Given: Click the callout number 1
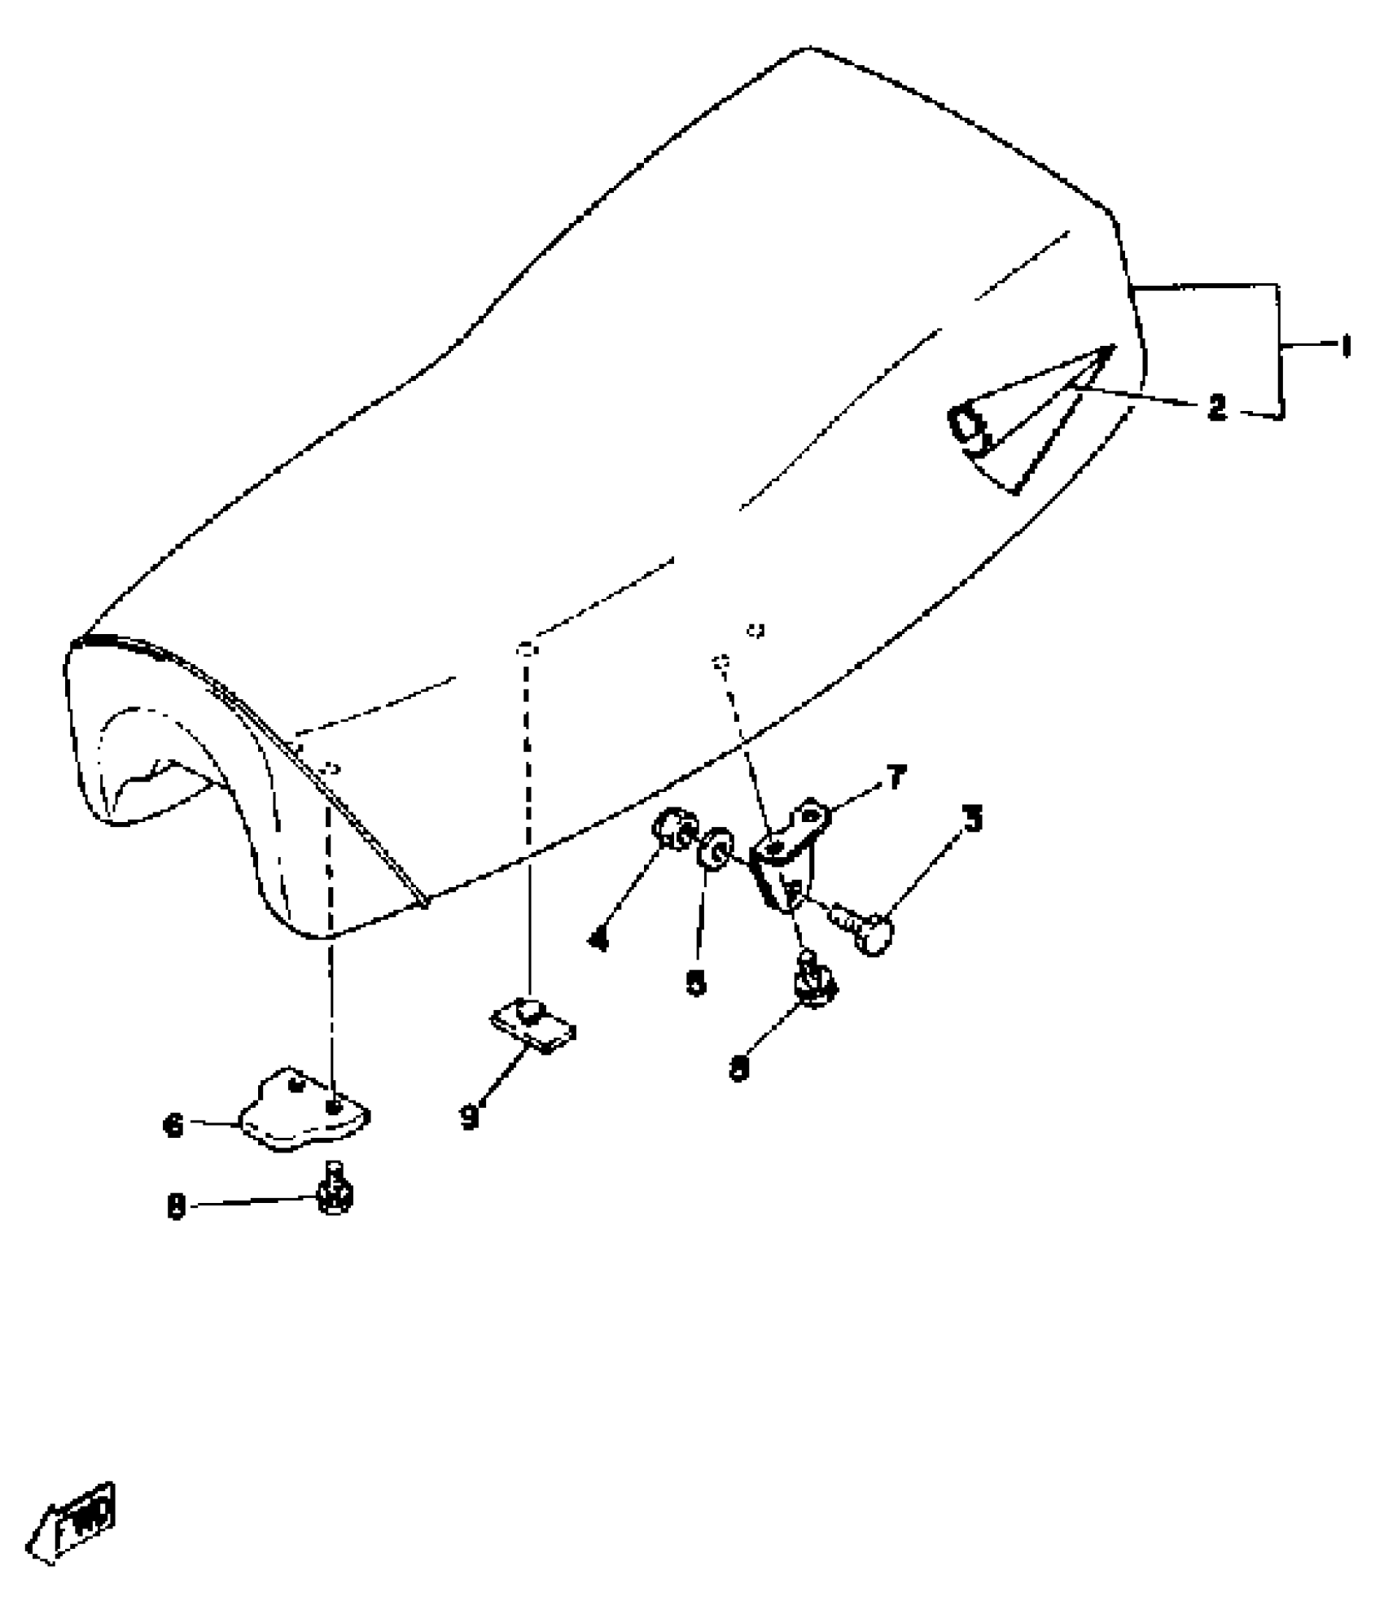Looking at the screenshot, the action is tap(1344, 348).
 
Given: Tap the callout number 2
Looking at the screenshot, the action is tap(1217, 407).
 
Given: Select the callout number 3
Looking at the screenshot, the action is tap(974, 819).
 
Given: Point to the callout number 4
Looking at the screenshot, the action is tap(598, 940).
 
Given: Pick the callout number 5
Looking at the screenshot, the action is tap(696, 983).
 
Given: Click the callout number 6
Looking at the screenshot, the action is tap(174, 1127).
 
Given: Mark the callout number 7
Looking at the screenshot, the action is tap(896, 779).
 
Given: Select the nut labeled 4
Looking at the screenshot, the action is tap(672, 829).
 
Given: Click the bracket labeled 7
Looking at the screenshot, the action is tap(788, 855).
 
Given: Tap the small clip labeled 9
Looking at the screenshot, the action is tap(534, 1025).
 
